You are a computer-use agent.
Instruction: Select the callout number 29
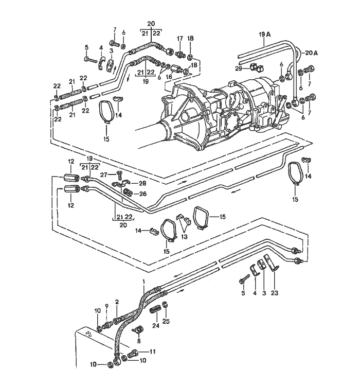[239, 68]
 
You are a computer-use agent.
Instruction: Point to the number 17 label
[180, 39]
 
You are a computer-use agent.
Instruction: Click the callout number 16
[168, 76]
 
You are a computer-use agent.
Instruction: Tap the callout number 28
[142, 183]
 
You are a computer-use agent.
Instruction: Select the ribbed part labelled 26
[128, 193]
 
